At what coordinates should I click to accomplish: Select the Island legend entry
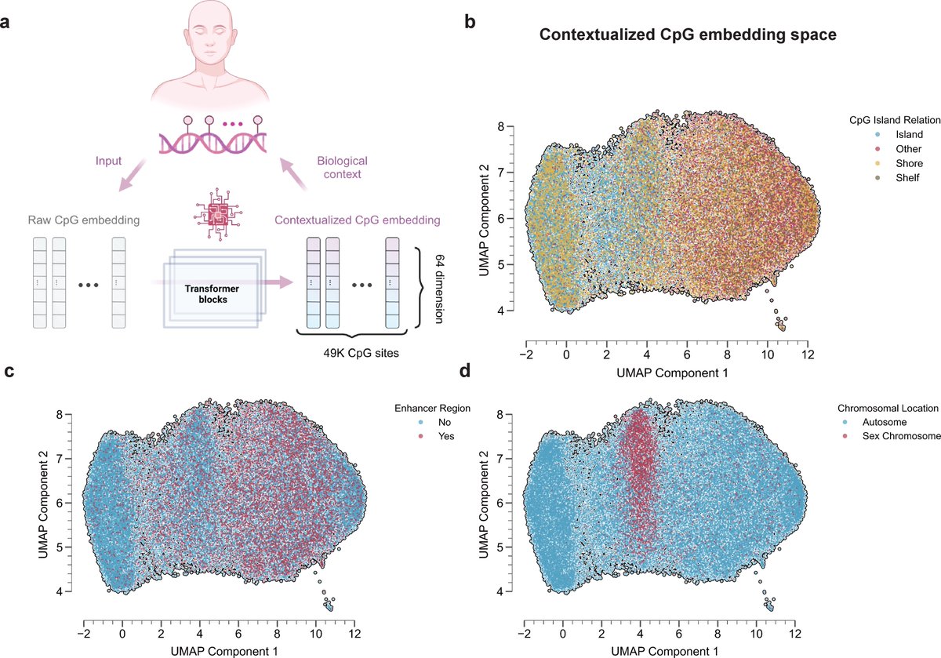pos(874,134)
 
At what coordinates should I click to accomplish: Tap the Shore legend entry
pos(874,164)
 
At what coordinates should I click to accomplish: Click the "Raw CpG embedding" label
pos(80,220)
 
